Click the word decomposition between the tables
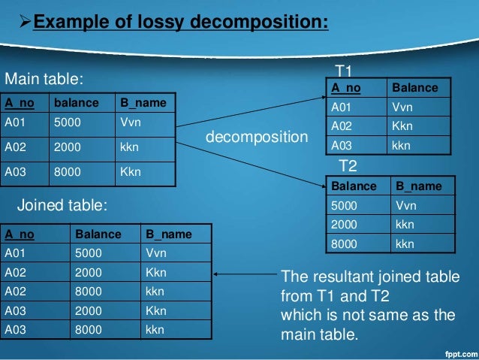[x=256, y=138]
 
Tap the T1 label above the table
[x=344, y=71]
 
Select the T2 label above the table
[x=348, y=165]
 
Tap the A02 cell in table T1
[x=342, y=126]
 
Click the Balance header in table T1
[x=415, y=88]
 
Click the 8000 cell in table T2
[x=345, y=243]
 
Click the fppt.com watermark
[x=457, y=352]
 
